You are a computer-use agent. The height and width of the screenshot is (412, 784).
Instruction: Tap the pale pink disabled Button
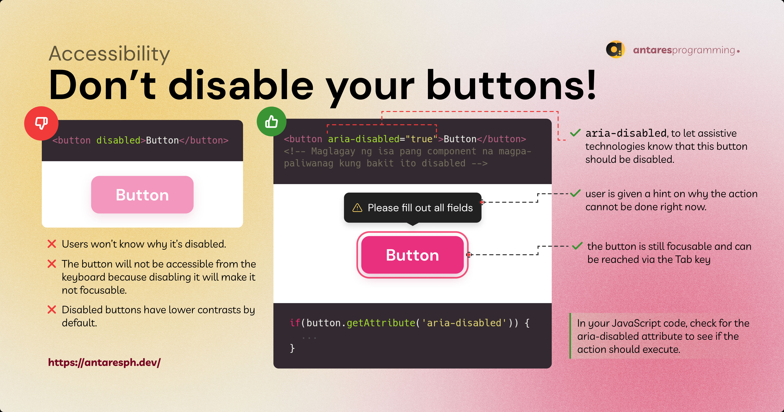click(x=142, y=195)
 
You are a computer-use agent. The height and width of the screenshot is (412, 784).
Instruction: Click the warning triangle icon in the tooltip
click(x=357, y=208)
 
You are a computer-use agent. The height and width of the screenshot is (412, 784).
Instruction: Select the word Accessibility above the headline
click(x=109, y=54)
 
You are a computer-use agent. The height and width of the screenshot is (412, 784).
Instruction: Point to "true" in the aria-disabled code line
click(x=422, y=139)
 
